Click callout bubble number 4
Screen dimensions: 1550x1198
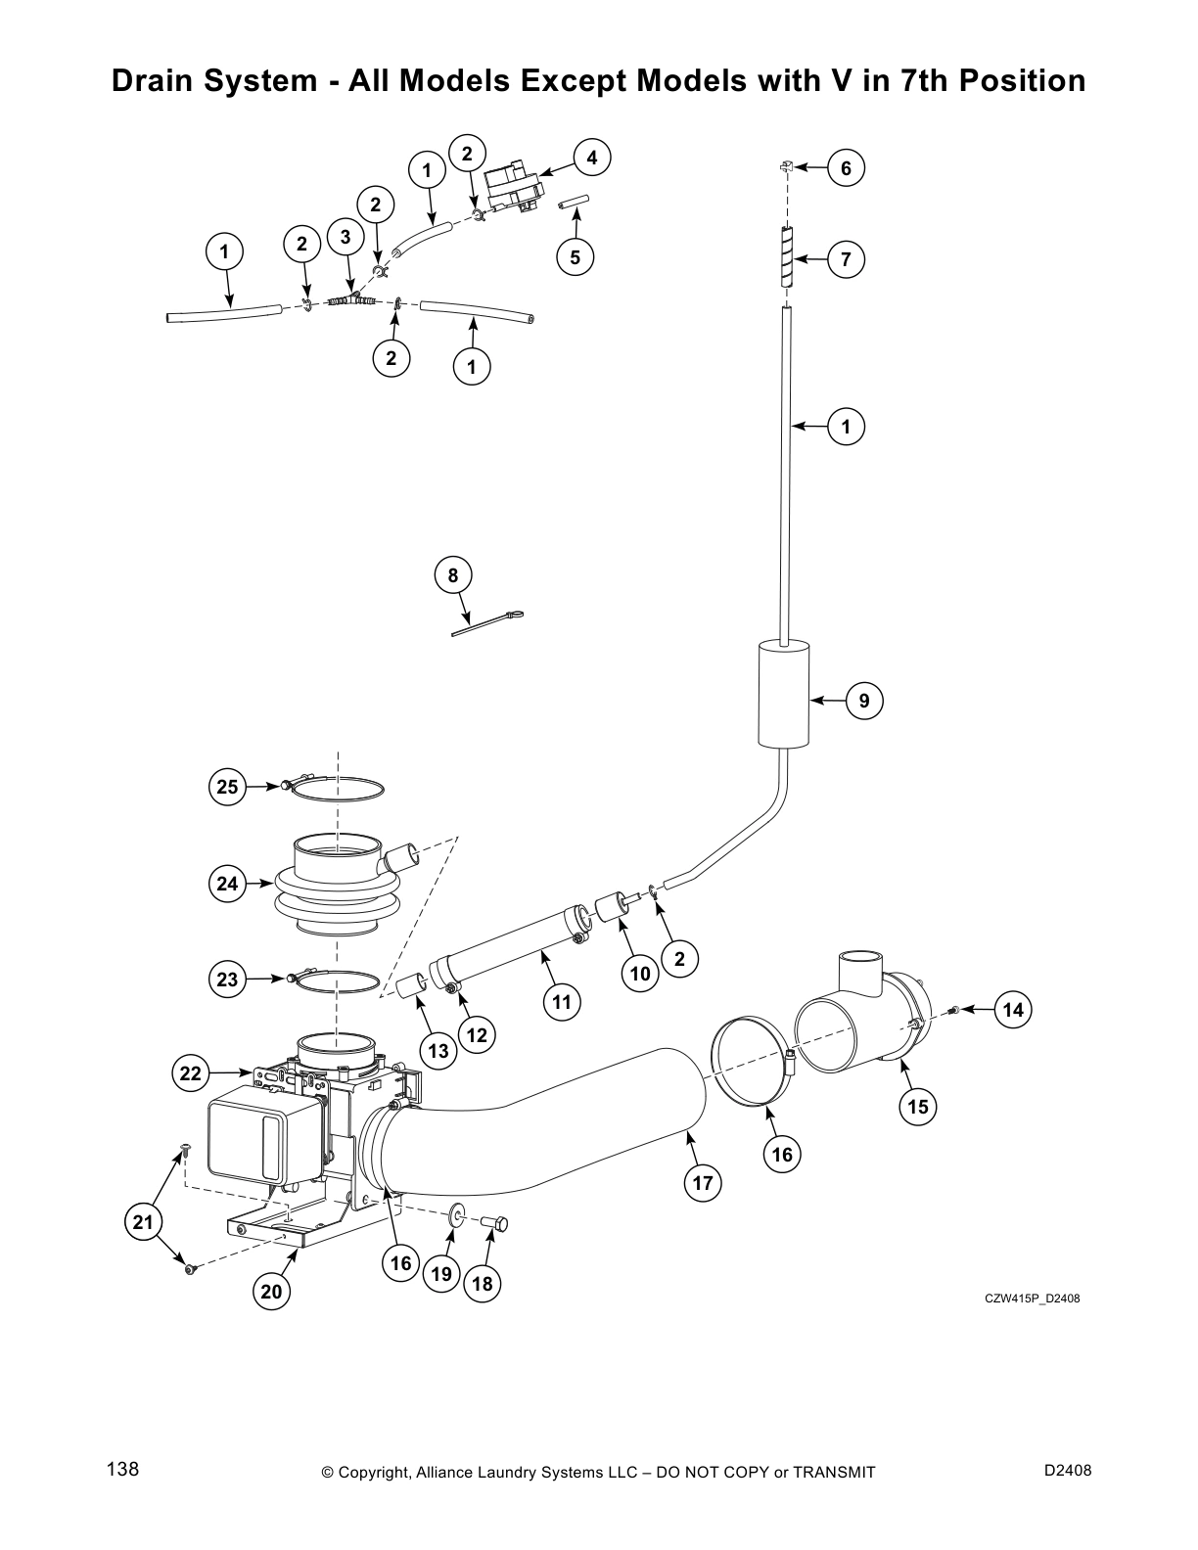click(x=591, y=158)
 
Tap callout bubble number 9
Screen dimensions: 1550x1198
click(x=863, y=701)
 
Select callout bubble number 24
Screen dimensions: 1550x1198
click(x=228, y=884)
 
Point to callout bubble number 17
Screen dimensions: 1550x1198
click(x=703, y=1183)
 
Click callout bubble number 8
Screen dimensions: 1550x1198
click(x=453, y=575)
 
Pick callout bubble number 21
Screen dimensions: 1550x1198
click(x=144, y=1222)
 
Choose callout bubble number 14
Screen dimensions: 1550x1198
click(x=1014, y=1009)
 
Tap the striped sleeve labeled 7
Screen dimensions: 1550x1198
click(x=787, y=256)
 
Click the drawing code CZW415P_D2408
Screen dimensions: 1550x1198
click(x=1032, y=1299)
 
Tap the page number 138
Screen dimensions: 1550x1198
click(x=122, y=1469)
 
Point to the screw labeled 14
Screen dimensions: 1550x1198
click(x=955, y=1010)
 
